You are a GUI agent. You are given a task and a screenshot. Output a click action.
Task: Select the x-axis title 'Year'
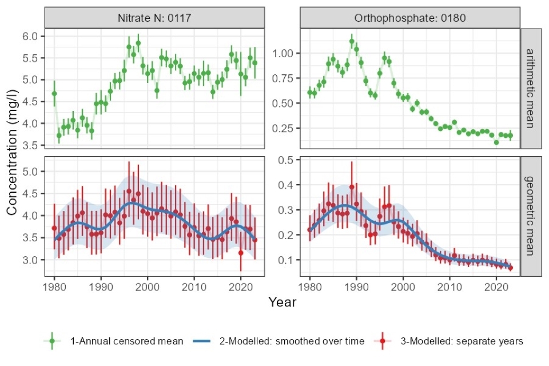tap(283, 302)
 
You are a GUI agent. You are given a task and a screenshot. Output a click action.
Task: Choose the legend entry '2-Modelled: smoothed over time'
tap(292, 341)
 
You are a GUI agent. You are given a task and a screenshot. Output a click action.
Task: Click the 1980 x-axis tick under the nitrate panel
tap(54, 285)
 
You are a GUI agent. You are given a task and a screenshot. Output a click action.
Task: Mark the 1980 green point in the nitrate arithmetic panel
tap(54, 93)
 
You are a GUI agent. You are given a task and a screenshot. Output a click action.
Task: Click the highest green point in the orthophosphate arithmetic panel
tap(352, 41)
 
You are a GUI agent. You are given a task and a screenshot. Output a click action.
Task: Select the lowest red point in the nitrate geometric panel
tap(241, 252)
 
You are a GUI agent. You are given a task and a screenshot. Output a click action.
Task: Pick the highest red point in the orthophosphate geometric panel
tap(352, 187)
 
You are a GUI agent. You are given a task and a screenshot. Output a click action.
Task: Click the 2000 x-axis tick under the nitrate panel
tap(148, 285)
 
